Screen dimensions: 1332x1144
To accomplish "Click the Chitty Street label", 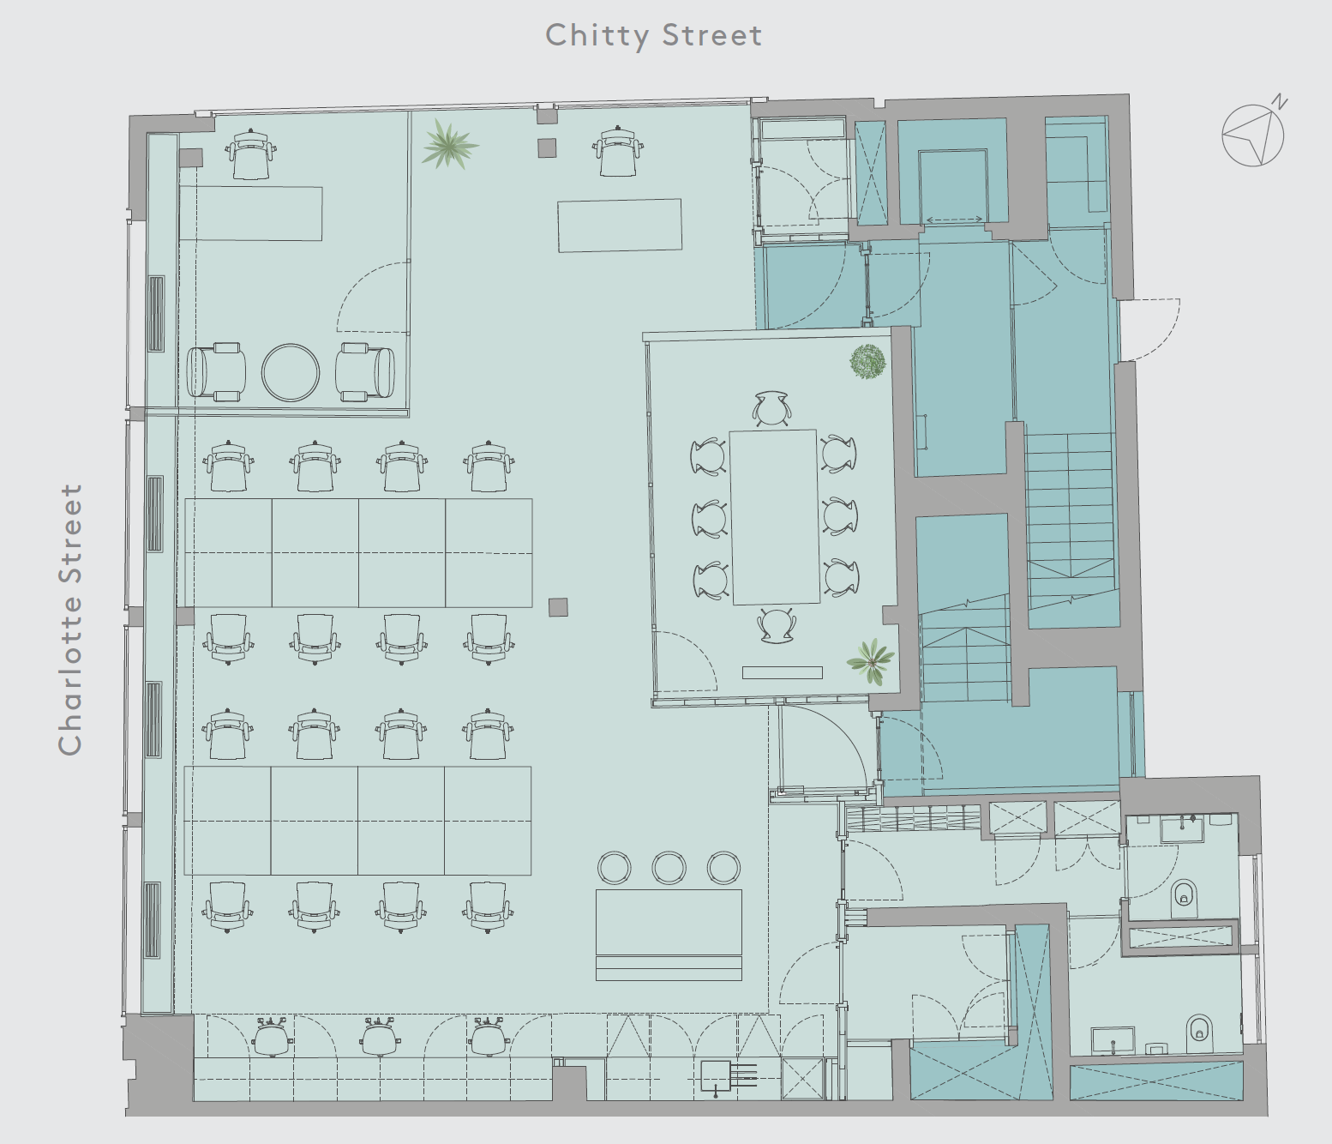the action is click(x=653, y=36).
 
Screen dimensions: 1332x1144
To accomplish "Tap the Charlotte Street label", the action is click(x=70, y=619).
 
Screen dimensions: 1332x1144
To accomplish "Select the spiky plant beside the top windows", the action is click(x=449, y=144).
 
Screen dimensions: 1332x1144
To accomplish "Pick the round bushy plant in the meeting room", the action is click(x=867, y=362).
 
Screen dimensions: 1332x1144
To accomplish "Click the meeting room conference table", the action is click(x=775, y=517).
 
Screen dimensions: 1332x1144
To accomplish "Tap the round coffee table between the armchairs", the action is click(x=290, y=373).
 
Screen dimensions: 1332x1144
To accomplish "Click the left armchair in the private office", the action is click(x=216, y=372).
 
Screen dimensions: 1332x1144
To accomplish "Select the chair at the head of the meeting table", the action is click(x=772, y=408).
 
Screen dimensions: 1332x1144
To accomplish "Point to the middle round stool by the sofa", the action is click(x=669, y=867).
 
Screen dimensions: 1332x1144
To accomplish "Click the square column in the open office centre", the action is click(x=558, y=607).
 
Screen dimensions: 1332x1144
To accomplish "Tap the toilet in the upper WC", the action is click(x=1185, y=899).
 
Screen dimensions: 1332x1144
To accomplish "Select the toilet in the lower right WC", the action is click(x=1199, y=1034).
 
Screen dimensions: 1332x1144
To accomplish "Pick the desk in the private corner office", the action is click(x=250, y=214).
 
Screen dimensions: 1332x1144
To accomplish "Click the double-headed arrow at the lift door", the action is click(x=954, y=220).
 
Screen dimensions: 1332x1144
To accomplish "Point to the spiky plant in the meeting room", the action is click(x=871, y=661).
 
